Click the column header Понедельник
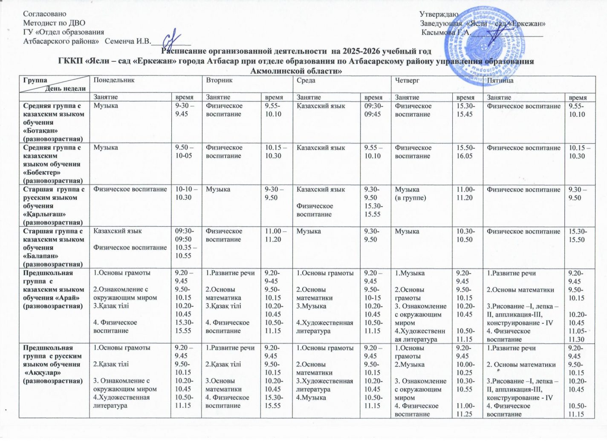pos(114,80)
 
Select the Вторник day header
pos(219,80)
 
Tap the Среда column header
pos(306,80)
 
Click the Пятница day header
pos(500,80)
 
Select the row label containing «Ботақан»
pos(54,122)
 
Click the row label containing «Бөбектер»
pos(54,164)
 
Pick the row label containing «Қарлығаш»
pos(54,206)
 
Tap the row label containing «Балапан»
pos(54,248)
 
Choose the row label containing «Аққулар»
pos(54,364)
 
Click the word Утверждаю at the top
pos(439,15)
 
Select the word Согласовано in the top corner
pos(45,14)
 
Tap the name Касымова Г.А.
pos(445,32)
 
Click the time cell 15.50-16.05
pos(465,152)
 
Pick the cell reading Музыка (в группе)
pos(410,193)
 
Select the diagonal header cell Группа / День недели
pos(54,84)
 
